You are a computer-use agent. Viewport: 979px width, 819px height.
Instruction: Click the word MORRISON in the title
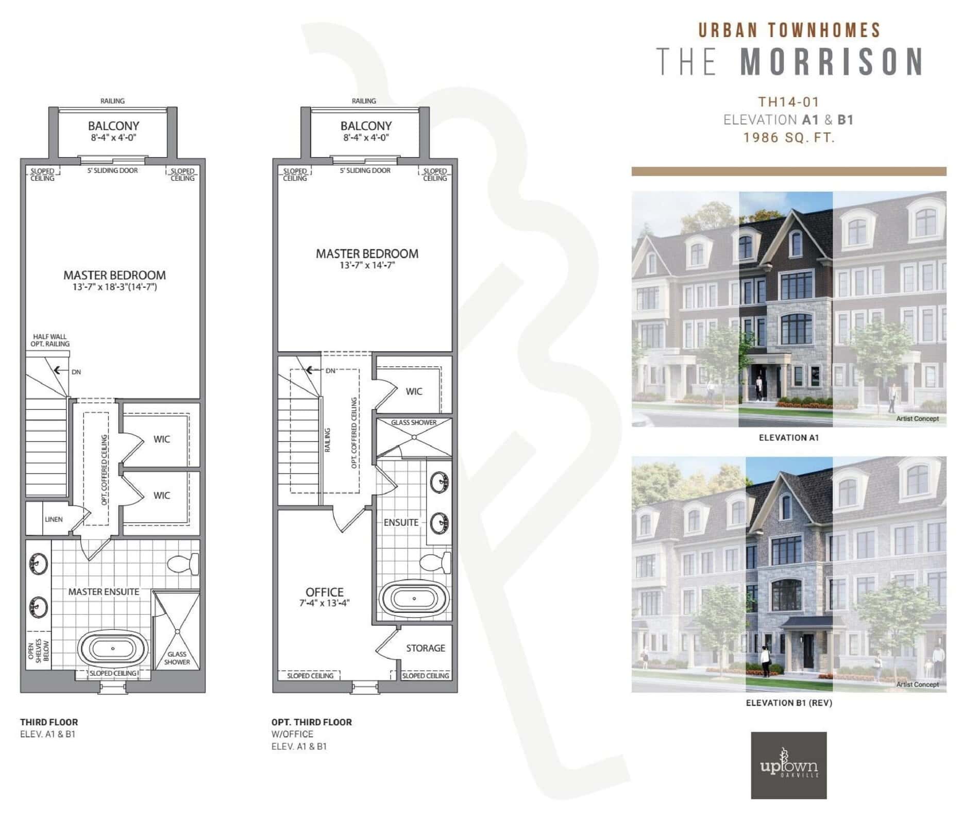[x=832, y=62]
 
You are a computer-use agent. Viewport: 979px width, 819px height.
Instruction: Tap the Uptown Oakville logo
[x=788, y=765]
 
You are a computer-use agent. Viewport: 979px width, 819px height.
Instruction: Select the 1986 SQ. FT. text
[x=788, y=138]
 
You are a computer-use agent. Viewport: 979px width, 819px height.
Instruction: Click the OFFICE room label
[x=324, y=592]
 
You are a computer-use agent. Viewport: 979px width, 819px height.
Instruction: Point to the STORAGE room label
[x=425, y=648]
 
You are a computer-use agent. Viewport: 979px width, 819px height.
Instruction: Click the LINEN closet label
[x=54, y=519]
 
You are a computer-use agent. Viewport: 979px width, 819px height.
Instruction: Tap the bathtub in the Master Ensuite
[x=113, y=649]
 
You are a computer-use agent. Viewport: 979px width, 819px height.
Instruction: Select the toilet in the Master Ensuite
[x=183, y=564]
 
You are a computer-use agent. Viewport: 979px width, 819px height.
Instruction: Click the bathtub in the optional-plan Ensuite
[x=414, y=599]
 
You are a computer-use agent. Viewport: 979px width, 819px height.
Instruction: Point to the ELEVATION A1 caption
[x=788, y=438]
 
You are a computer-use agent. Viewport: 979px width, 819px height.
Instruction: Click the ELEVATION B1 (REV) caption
[x=788, y=703]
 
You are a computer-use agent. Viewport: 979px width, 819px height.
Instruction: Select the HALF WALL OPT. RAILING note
[x=50, y=340]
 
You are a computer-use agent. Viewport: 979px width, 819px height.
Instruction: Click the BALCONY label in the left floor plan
[x=113, y=126]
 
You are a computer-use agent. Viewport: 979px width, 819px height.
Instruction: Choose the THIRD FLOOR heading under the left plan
[x=49, y=722]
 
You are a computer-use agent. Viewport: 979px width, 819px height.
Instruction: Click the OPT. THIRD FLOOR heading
[x=311, y=722]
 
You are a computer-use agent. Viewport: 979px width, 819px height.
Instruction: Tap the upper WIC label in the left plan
[x=161, y=439]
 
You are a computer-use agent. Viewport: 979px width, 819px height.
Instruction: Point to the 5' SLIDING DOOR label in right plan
[x=365, y=170]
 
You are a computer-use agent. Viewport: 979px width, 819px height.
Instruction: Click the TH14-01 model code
[x=788, y=102]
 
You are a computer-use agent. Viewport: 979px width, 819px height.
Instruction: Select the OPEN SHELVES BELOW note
[x=38, y=651]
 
